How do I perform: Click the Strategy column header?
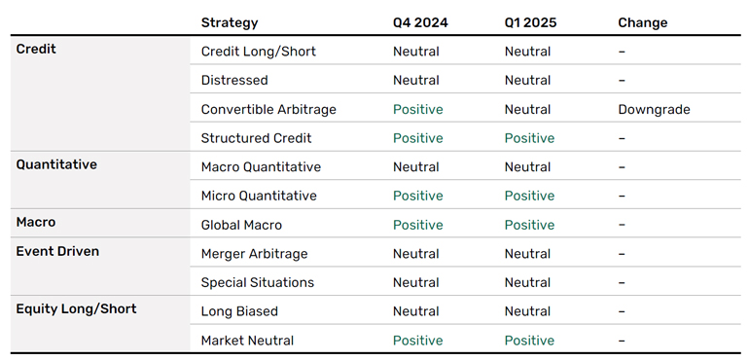(x=230, y=23)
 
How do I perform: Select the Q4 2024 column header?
(x=420, y=22)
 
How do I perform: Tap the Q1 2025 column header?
(x=531, y=22)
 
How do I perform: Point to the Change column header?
(x=642, y=23)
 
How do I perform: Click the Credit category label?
(x=36, y=49)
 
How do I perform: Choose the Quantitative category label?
(x=56, y=164)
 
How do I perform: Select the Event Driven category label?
(x=57, y=251)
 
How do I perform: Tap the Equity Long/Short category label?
(x=77, y=308)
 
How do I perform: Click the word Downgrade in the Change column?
(x=654, y=110)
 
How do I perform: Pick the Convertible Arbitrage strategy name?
(x=268, y=110)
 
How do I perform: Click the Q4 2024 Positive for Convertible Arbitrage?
(x=418, y=110)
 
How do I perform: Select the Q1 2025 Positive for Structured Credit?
(x=530, y=138)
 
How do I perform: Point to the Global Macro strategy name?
(x=241, y=225)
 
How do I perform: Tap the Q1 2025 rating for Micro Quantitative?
(x=530, y=196)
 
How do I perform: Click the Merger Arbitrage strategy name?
(x=254, y=254)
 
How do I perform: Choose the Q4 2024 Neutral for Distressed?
(x=416, y=81)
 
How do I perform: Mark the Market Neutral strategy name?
(x=247, y=341)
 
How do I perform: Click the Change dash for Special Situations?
(x=622, y=282)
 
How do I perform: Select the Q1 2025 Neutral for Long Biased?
(x=528, y=311)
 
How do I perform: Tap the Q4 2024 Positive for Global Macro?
(x=418, y=225)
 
